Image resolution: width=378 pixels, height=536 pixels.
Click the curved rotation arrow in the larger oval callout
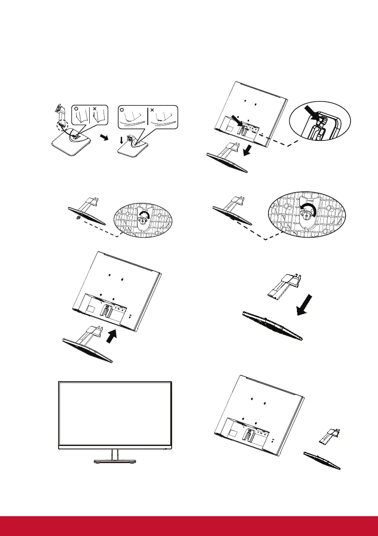pos(308,209)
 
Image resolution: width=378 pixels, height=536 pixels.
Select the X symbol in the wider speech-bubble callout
pos(152,109)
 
